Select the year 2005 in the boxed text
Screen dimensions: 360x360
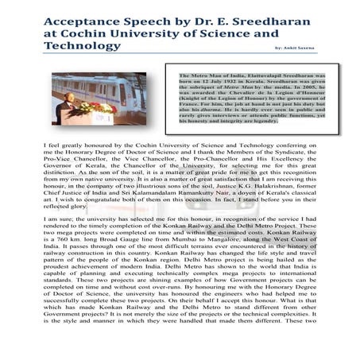322,86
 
